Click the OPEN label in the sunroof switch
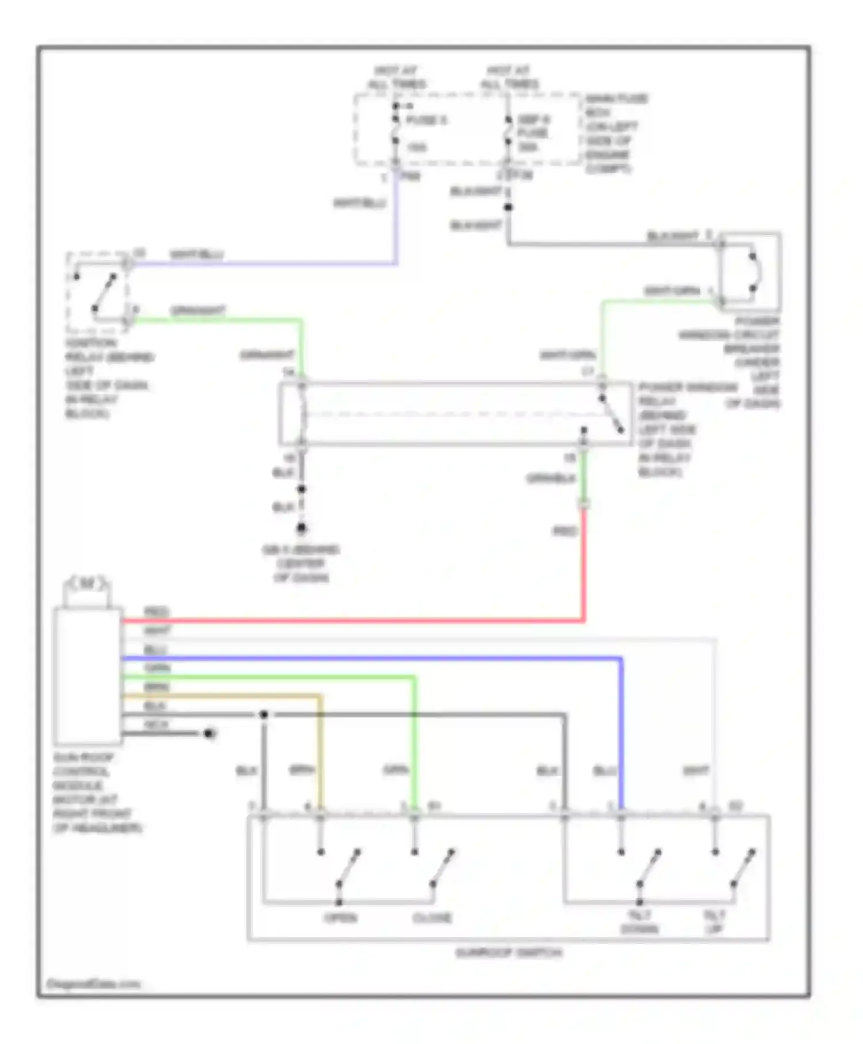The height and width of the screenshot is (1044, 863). (341, 917)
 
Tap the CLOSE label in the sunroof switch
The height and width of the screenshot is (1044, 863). (433, 917)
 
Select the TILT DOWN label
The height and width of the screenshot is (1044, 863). (639, 922)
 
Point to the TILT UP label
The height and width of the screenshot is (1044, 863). (714, 922)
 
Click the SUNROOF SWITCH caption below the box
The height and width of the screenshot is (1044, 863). (509, 953)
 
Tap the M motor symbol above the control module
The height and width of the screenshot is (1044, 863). (86, 584)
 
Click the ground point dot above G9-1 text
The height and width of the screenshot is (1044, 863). (301, 528)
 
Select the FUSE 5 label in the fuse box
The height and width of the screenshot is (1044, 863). (426, 120)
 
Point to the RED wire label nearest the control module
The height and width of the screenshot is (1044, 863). (156, 612)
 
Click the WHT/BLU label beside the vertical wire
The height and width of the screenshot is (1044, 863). (360, 203)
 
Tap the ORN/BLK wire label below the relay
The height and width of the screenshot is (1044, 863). (551, 478)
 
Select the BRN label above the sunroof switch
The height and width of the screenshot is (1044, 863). (301, 770)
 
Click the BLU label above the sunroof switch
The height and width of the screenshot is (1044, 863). (605, 771)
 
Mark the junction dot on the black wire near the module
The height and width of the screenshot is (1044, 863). (264, 715)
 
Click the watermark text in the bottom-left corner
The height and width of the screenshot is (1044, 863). (93, 984)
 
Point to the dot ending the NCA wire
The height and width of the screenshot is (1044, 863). (209, 733)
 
